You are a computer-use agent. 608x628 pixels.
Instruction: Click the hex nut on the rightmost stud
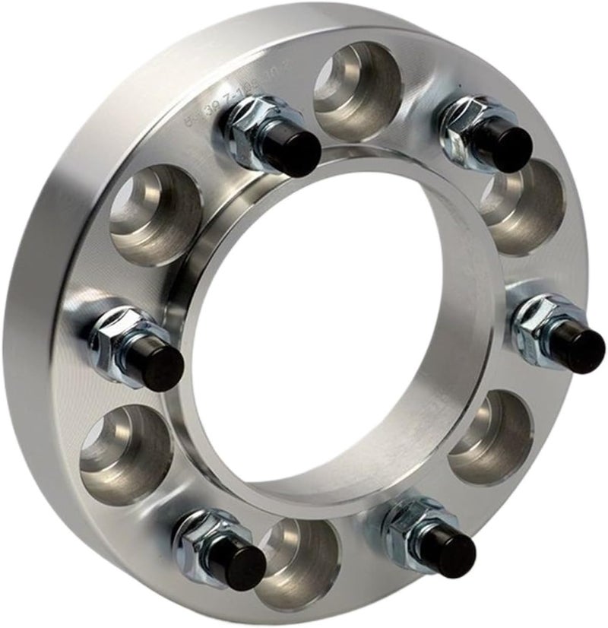538,323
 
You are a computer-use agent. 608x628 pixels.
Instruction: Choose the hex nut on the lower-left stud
199,537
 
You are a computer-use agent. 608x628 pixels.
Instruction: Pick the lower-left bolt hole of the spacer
125,452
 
